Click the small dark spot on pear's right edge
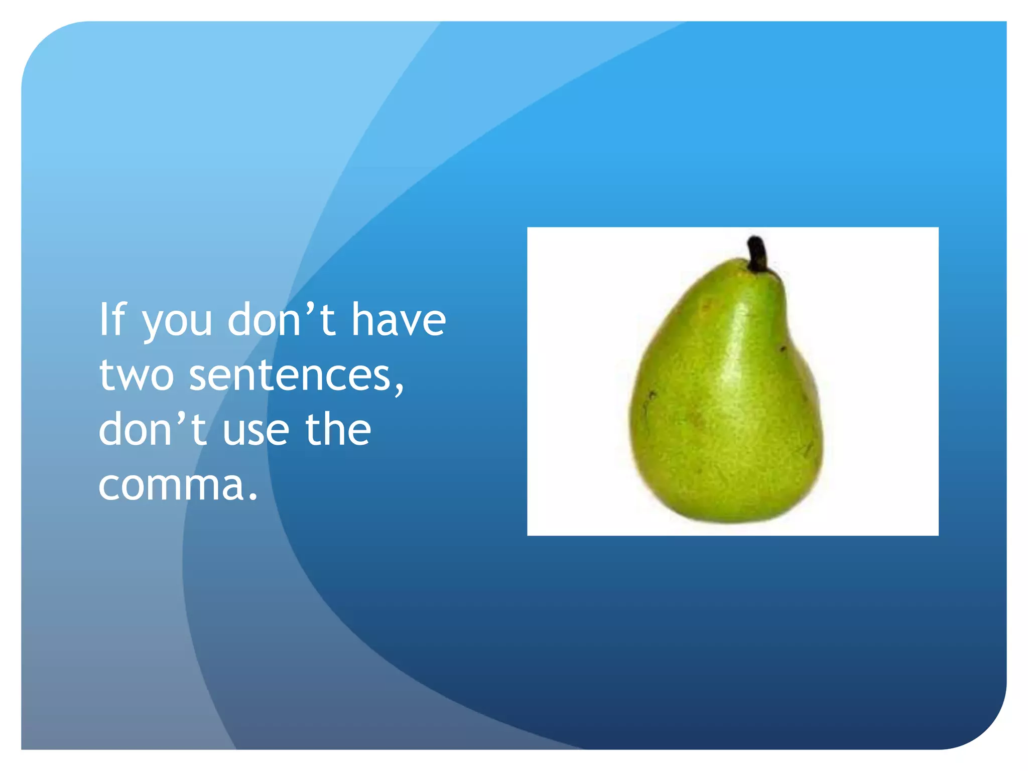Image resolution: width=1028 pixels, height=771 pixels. click(x=783, y=348)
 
